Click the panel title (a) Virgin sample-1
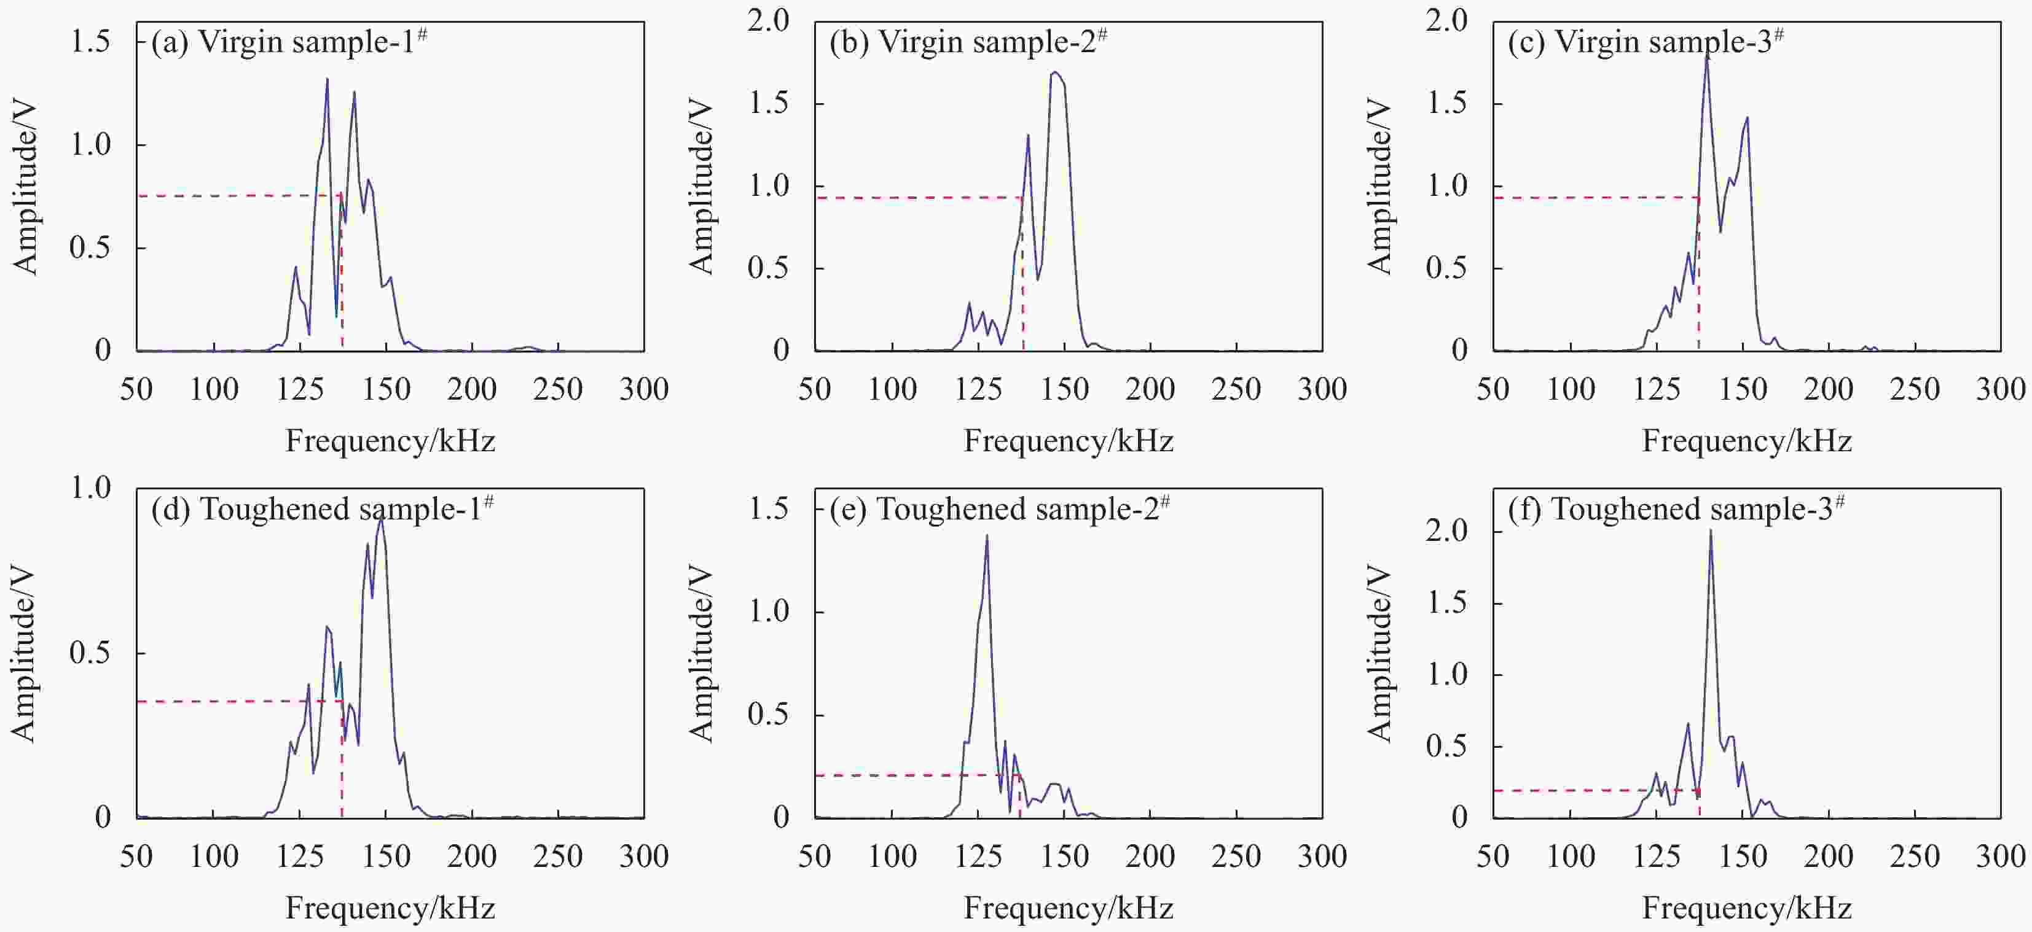tap(289, 42)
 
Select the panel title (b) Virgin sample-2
tap(968, 42)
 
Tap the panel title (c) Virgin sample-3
tap(1646, 42)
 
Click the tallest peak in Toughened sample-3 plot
tap(1710, 530)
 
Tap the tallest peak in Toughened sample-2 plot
tap(987, 536)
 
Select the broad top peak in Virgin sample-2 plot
tap(1056, 73)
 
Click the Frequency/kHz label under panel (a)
tap(390, 441)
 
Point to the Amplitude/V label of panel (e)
tap(701, 654)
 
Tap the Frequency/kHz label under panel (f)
tap(1746, 908)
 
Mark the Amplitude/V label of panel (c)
tap(1379, 186)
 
